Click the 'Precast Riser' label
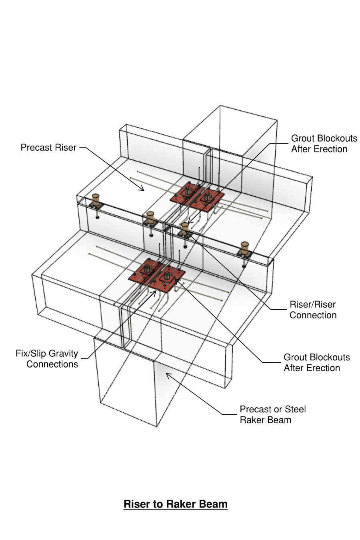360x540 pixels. [x=48, y=148]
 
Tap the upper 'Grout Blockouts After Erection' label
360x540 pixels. [x=324, y=144]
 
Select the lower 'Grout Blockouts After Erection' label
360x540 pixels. [x=316, y=362]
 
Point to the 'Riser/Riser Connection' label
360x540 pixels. [x=313, y=310]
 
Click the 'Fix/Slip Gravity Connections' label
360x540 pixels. [x=47, y=359]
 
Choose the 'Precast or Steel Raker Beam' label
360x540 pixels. [x=272, y=414]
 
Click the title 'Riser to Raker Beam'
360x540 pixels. [x=176, y=504]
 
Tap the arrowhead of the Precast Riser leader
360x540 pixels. [x=142, y=190]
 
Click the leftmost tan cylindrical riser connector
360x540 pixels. [x=96, y=199]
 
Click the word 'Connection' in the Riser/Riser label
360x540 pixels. [x=313, y=315]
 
